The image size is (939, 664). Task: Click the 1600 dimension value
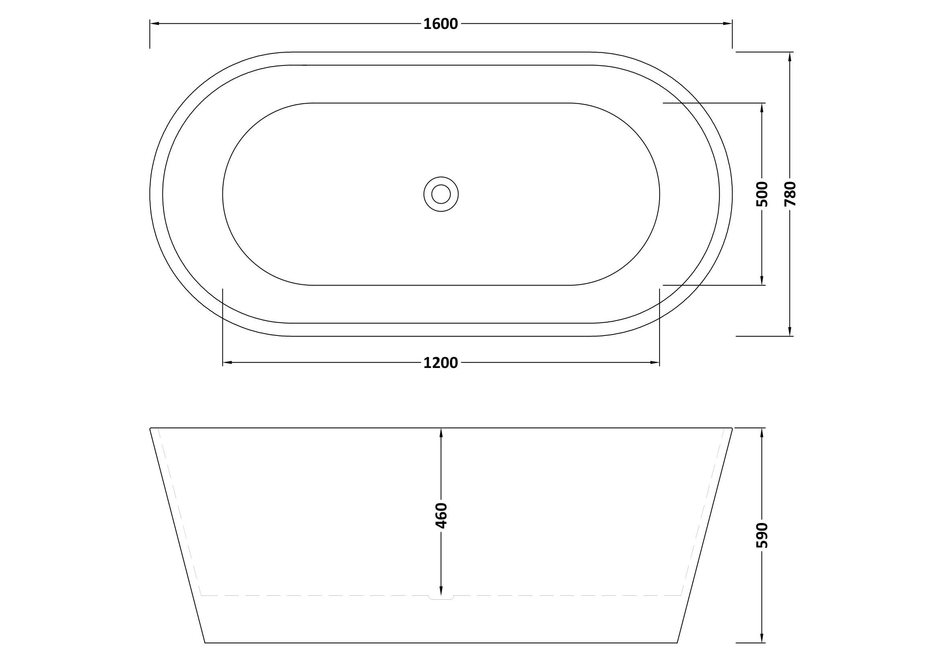pos(440,24)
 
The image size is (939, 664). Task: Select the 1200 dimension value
pos(440,363)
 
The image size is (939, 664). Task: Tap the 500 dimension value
pos(762,194)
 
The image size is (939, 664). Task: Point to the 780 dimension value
pos(790,194)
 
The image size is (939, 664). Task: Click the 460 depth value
pos(441,515)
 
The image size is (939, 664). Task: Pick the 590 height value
pos(762,535)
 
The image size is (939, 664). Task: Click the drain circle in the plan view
pos(441,194)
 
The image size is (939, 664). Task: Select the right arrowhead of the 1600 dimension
pos(727,24)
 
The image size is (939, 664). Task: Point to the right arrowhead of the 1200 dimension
pos(655,362)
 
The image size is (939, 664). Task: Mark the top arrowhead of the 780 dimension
pos(790,57)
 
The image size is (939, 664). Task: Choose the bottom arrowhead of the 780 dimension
pos(790,331)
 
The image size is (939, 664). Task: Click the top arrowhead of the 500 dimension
pos(762,108)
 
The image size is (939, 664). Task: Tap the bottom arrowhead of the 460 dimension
pos(441,590)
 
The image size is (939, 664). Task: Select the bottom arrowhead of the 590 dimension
pos(762,638)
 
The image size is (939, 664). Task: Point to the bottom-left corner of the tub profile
pos(205,642)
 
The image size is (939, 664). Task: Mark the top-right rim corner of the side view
pos(732,428)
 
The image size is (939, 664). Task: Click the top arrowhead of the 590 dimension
pos(762,433)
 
